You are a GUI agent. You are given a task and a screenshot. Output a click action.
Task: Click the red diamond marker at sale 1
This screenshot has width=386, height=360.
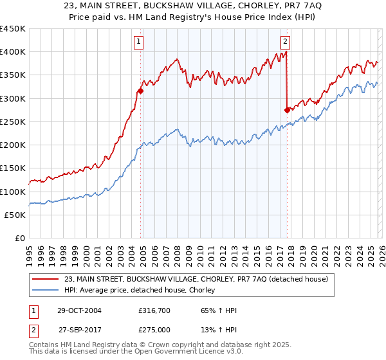pos(140,91)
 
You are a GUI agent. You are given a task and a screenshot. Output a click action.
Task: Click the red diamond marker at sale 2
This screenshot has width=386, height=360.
pos(287,110)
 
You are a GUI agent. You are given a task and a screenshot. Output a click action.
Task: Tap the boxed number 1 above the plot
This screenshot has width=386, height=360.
pos(139,42)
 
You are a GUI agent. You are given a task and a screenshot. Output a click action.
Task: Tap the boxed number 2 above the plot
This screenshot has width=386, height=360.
pos(285,42)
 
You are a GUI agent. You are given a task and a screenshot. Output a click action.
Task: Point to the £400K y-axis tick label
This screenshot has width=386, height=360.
pos(13,52)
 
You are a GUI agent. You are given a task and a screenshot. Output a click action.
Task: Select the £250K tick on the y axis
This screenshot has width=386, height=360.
pos(13,122)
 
